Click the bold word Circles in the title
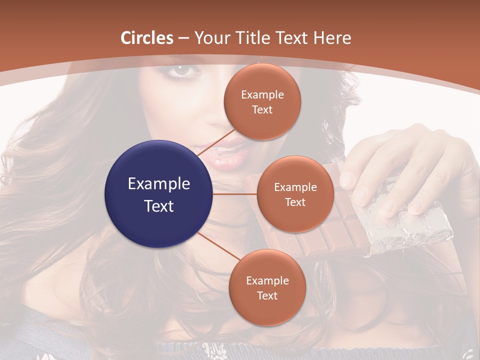click(147, 37)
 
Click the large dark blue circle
click(158, 194)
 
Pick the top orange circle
click(262, 101)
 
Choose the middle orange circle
click(295, 194)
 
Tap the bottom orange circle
click(267, 287)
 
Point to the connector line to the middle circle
click(234, 194)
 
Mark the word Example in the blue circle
click(158, 184)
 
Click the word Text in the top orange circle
click(262, 109)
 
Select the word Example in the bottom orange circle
click(267, 280)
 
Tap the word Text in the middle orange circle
click(295, 202)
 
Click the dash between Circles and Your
click(183, 38)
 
